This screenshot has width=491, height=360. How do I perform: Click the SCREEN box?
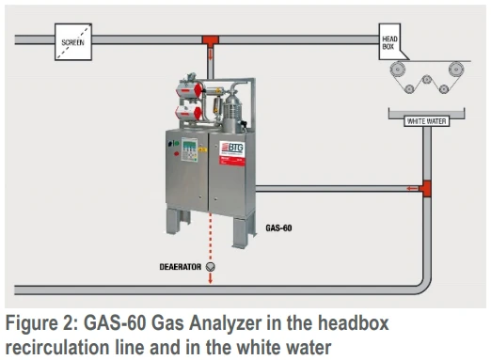coord(72,42)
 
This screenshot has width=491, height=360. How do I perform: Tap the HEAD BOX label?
coord(392,40)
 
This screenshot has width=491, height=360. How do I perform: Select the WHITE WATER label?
coord(425,120)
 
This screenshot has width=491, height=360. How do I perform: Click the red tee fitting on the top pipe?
coord(210,40)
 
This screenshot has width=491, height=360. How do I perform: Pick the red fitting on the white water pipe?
coord(425,188)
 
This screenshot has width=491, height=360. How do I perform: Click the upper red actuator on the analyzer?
coord(190,86)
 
